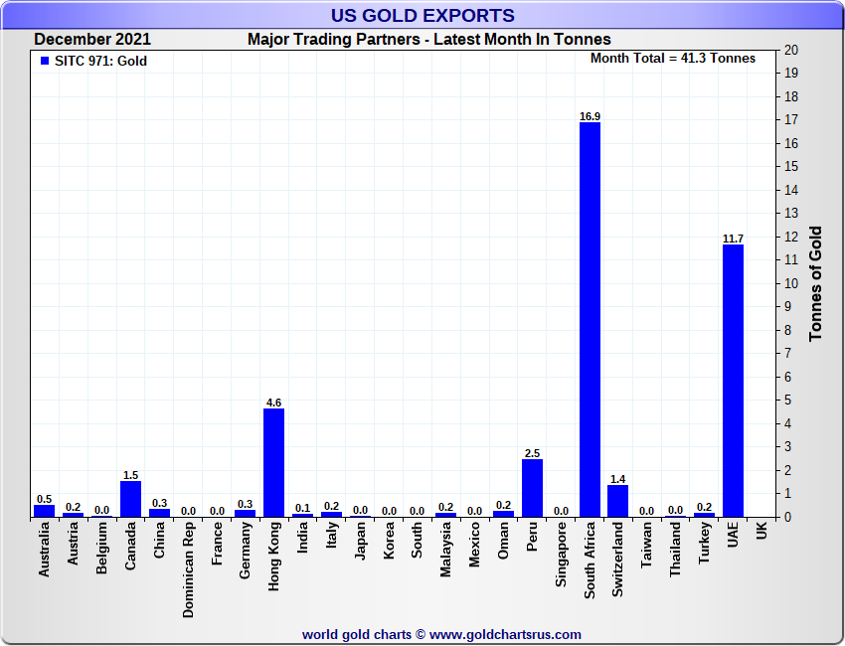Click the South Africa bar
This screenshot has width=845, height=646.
[590, 319]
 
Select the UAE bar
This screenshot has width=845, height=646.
[733, 381]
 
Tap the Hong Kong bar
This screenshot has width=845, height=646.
[273, 462]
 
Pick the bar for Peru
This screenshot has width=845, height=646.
[532, 487]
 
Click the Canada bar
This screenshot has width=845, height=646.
[130, 499]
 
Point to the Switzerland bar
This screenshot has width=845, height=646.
[617, 500]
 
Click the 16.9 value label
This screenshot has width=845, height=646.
[590, 116]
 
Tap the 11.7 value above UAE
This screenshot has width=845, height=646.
[733, 239]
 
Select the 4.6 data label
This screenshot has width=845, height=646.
[273, 403]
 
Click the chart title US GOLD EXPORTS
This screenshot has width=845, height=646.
[422, 15]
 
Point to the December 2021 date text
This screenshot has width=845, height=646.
[92, 40]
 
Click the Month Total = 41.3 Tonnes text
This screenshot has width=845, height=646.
[672, 59]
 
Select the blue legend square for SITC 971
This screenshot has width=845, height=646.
[45, 61]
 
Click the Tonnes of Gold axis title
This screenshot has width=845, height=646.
[816, 283]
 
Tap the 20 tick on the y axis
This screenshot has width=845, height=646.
[790, 50]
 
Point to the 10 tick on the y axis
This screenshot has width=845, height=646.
[790, 283]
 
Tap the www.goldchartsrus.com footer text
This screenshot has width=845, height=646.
[441, 634]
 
